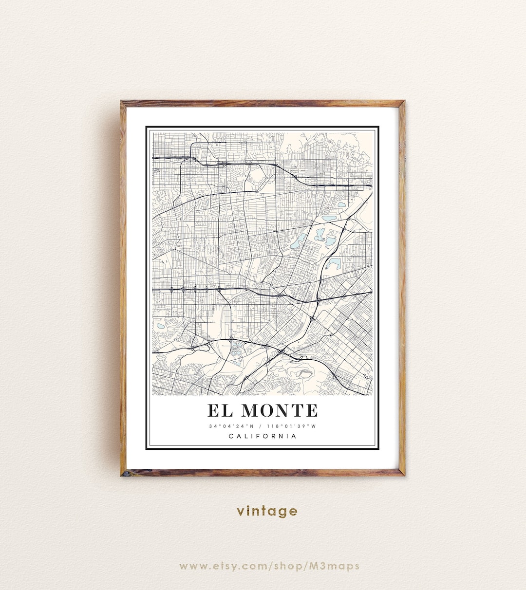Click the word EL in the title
(220, 410)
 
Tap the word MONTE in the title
(280, 410)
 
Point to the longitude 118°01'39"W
(291, 426)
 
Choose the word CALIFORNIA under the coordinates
(263, 436)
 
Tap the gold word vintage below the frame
(267, 511)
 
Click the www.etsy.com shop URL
(269, 566)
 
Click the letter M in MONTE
(251, 410)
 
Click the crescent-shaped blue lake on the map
(333, 263)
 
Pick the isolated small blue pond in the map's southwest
(160, 326)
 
